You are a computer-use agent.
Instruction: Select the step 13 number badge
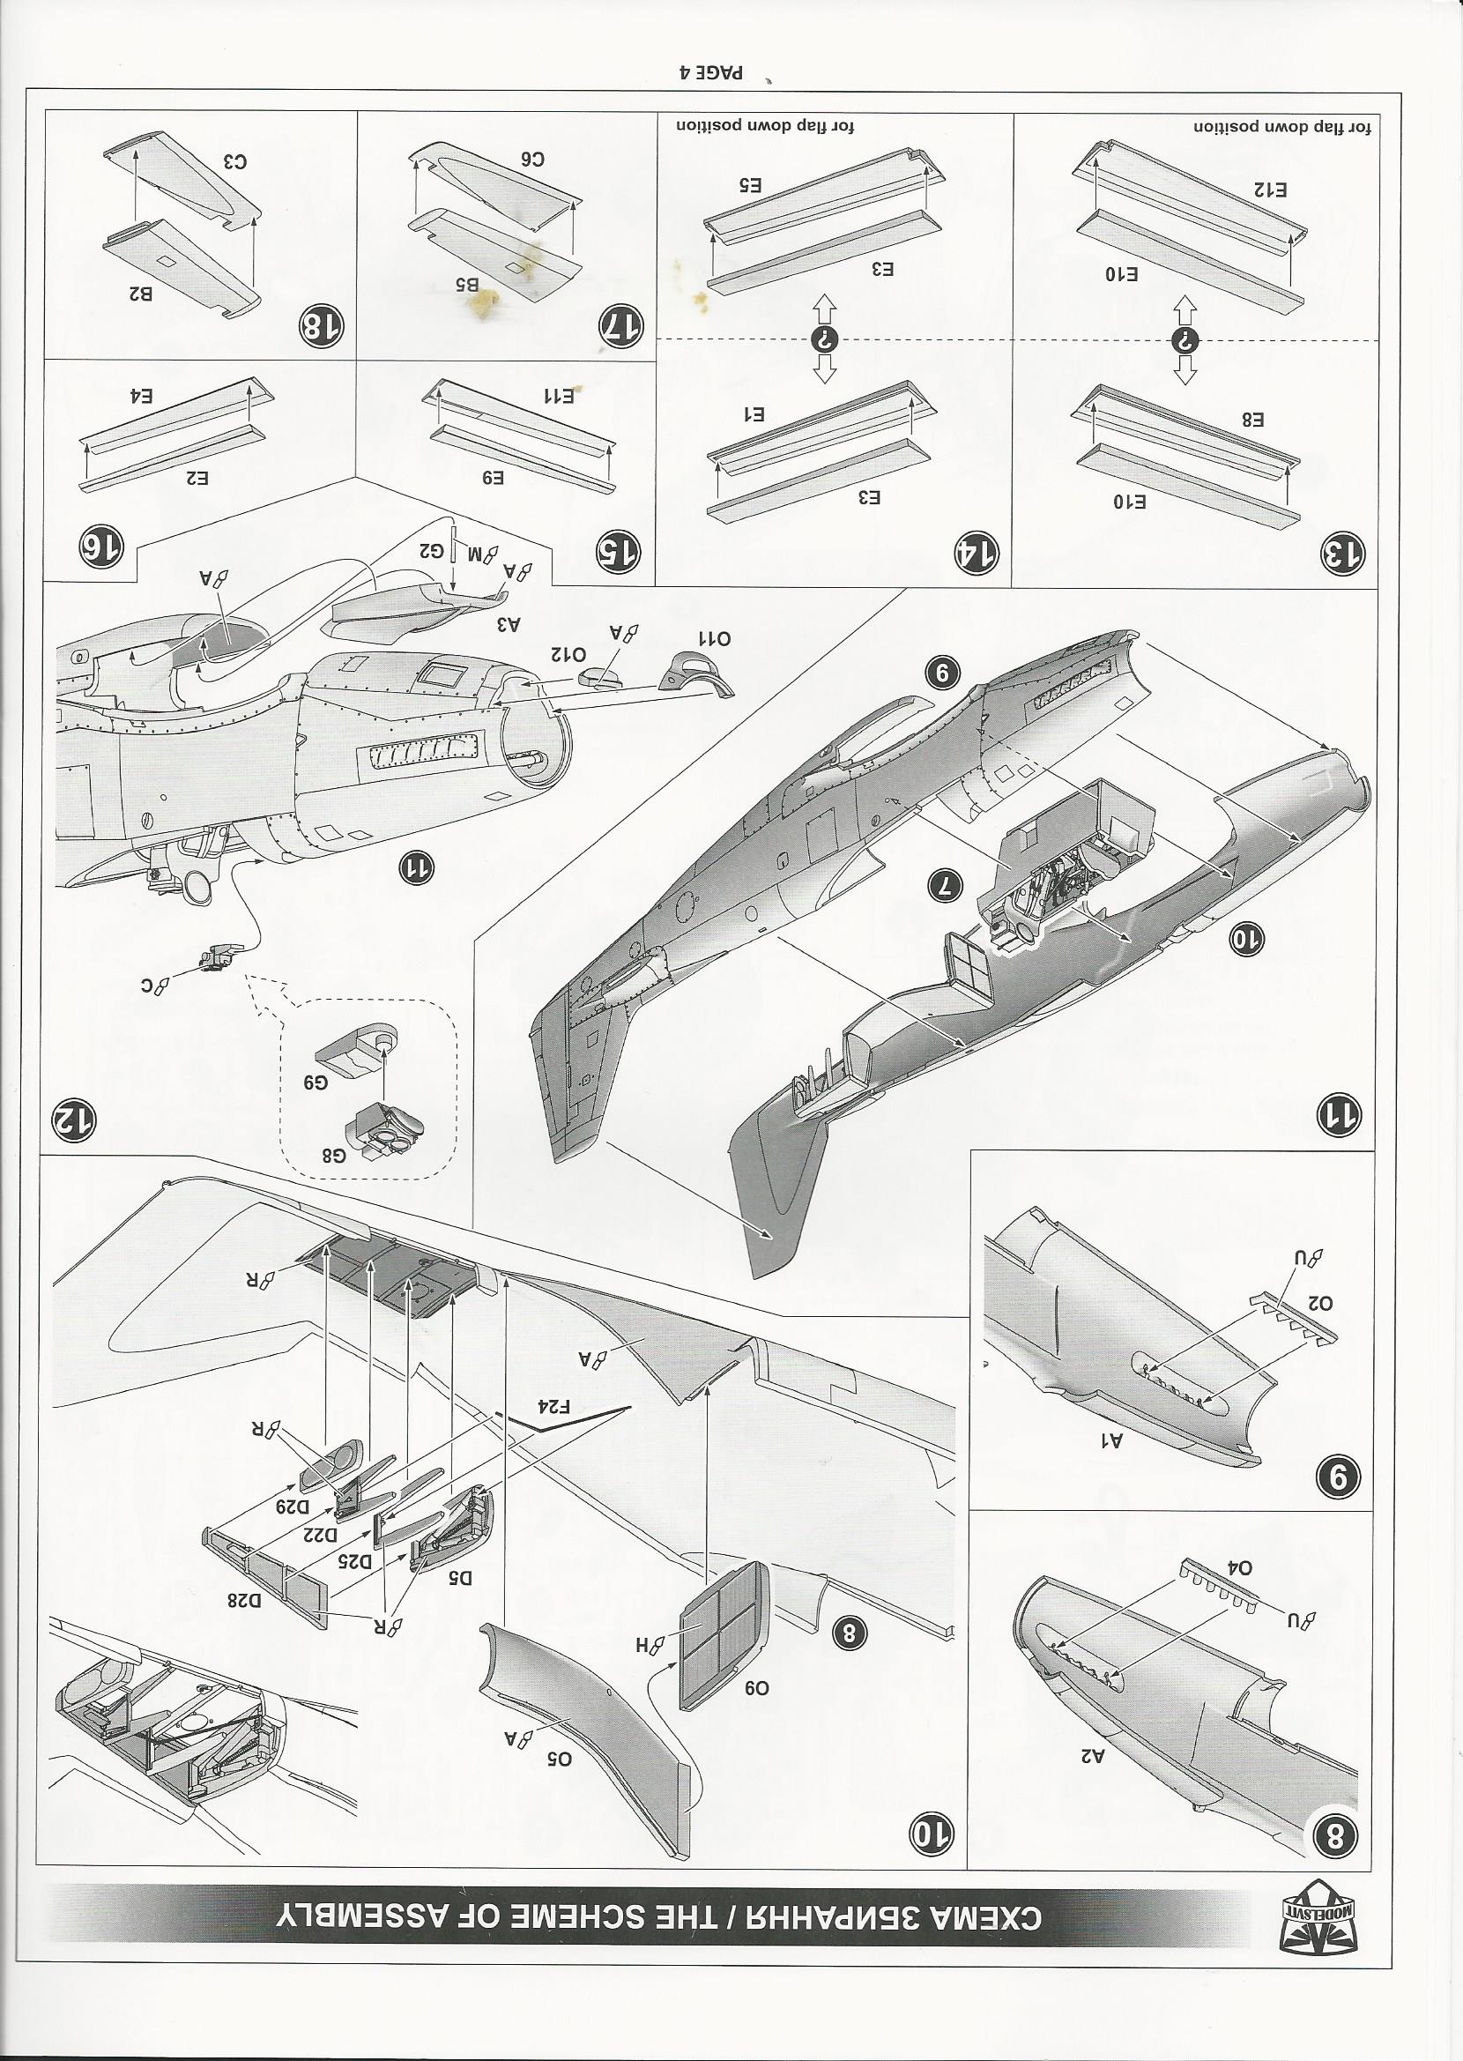point(1342,553)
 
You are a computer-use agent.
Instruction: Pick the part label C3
point(235,161)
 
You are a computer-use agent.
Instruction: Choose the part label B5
point(465,285)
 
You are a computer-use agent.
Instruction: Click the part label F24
point(555,1406)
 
